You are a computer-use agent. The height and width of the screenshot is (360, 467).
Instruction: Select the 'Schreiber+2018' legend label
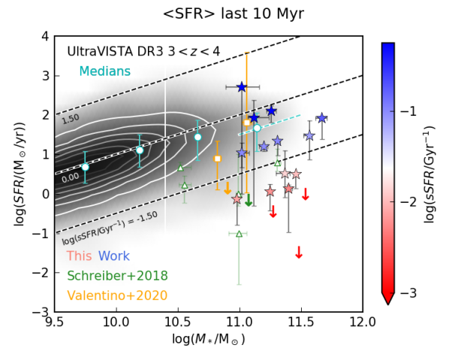click(x=117, y=276)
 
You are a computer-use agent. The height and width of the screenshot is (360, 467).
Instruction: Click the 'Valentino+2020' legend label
click(x=117, y=296)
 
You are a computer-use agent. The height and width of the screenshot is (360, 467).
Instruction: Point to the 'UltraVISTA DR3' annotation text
click(x=113, y=52)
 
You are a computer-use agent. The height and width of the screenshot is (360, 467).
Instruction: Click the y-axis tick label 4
click(x=44, y=36)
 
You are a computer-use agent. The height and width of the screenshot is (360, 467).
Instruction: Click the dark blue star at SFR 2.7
click(x=241, y=87)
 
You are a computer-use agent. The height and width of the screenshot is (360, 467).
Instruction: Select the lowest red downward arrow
click(x=299, y=253)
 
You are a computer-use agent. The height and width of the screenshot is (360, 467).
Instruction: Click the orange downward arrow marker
click(x=227, y=189)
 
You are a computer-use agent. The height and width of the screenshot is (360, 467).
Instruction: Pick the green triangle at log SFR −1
click(x=239, y=234)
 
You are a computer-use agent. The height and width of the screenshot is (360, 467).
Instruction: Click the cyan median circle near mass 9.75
click(x=85, y=167)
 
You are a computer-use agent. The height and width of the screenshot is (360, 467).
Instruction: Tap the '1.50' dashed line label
click(x=70, y=118)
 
